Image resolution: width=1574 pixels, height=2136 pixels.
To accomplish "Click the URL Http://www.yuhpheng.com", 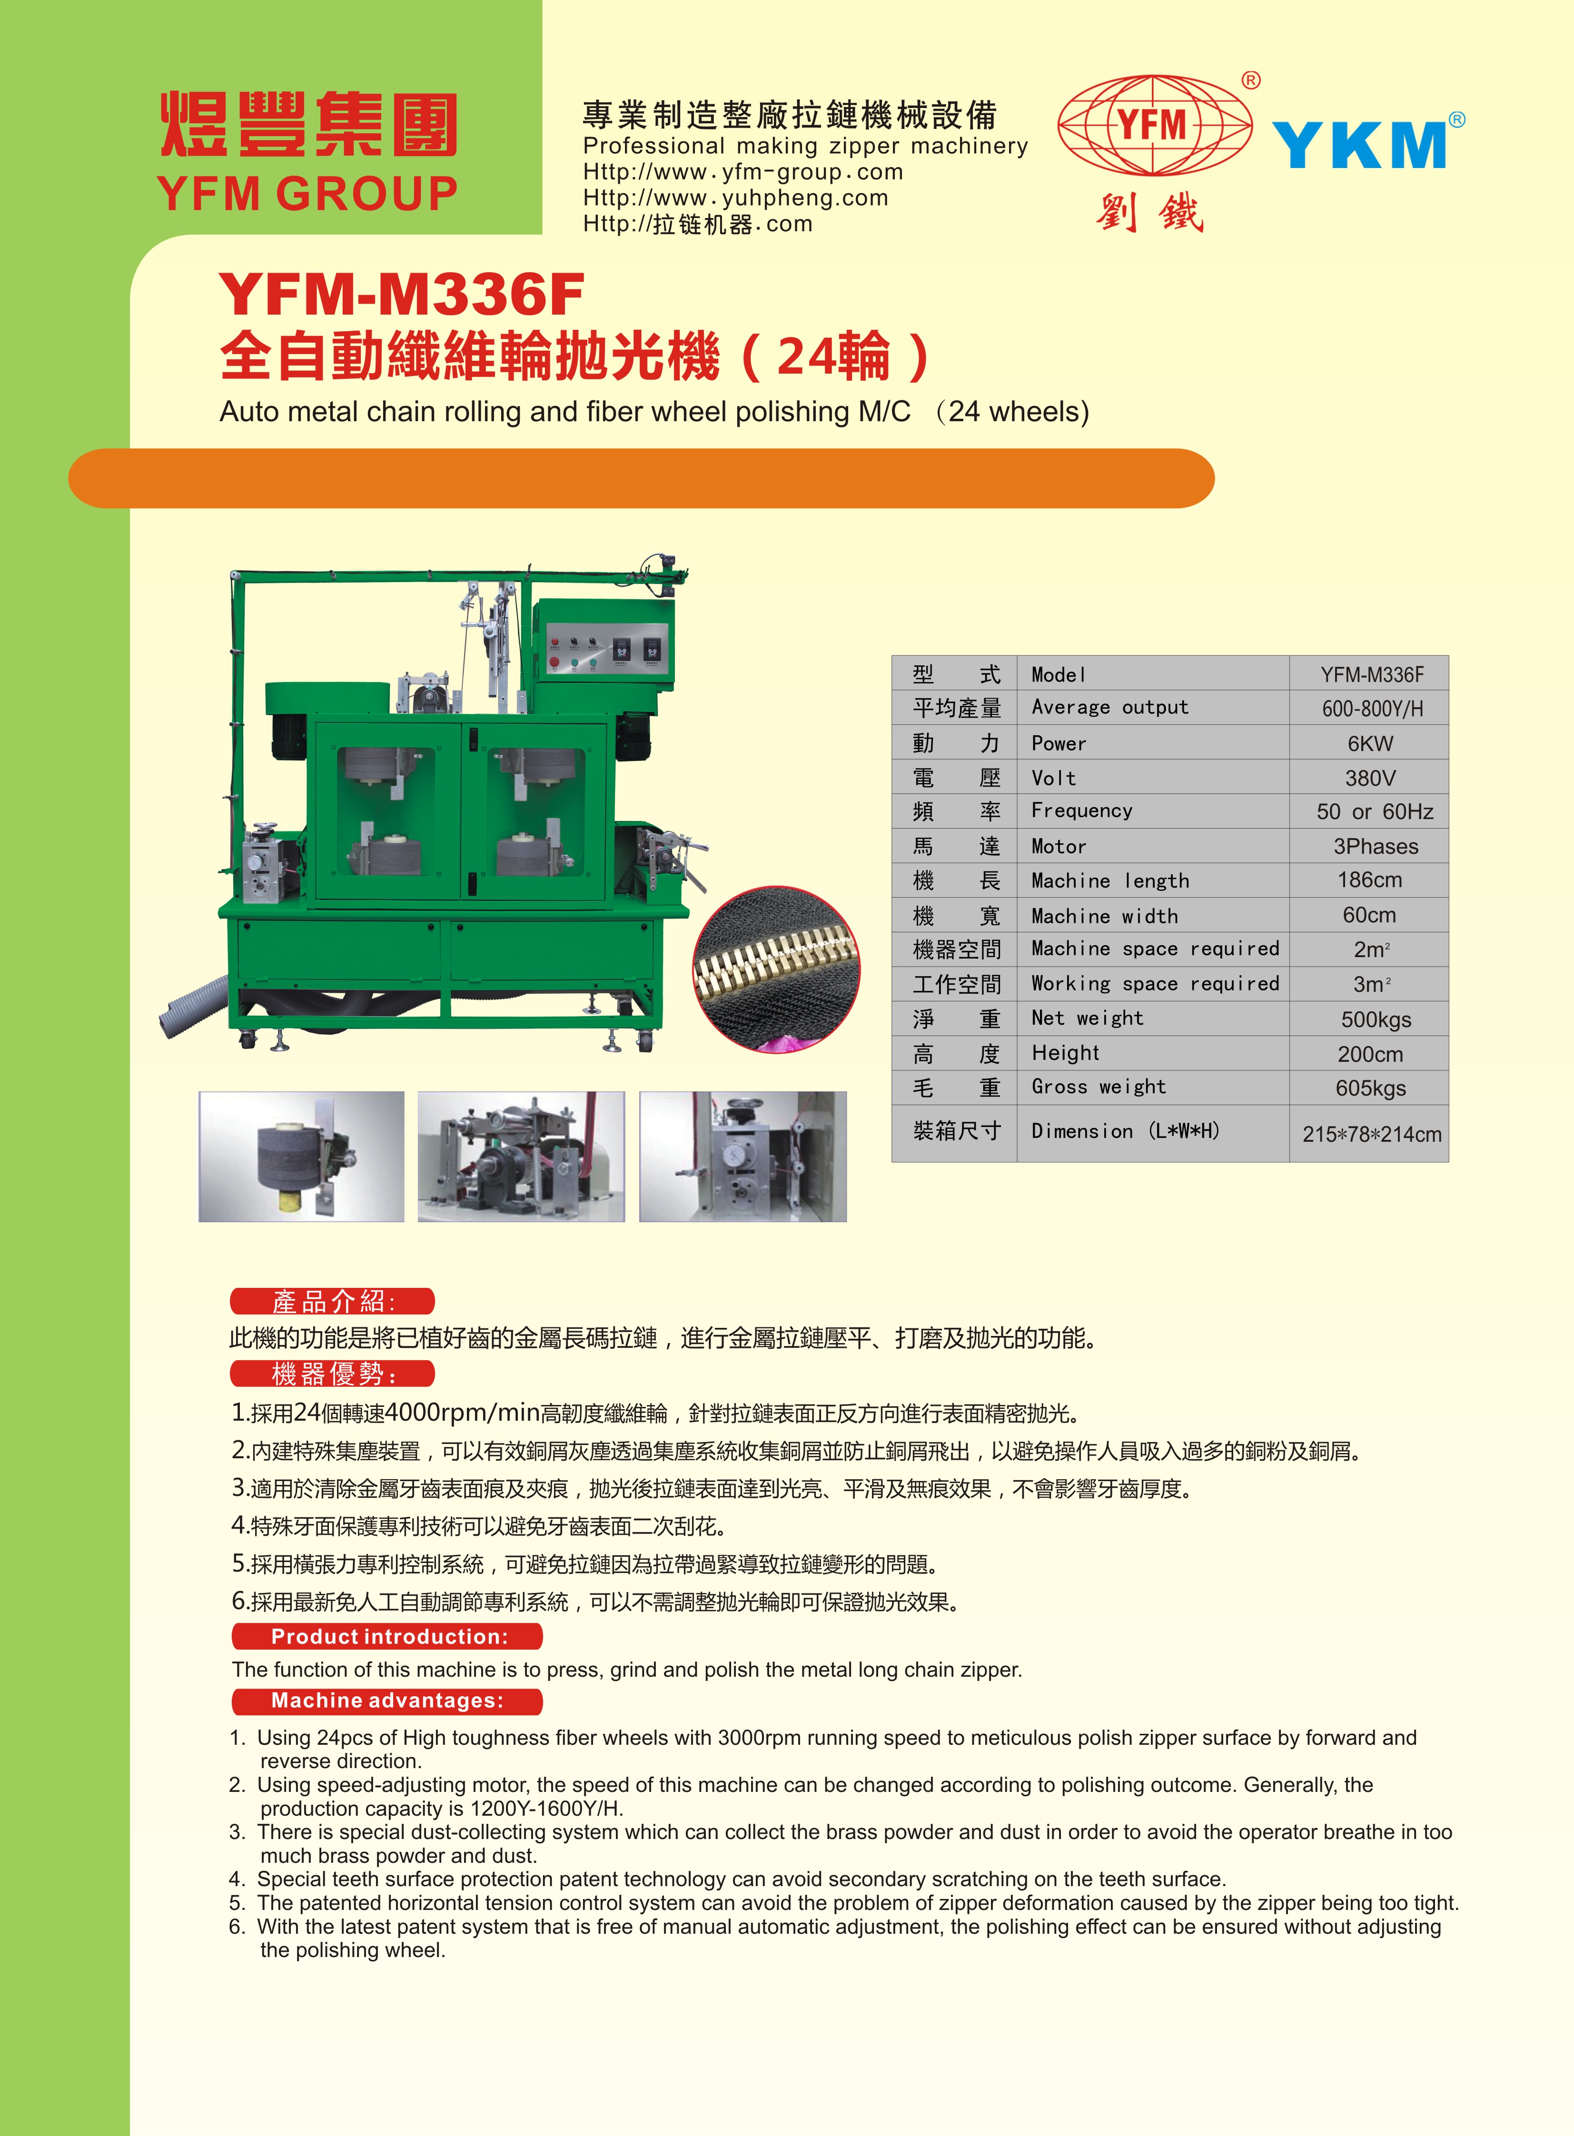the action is (x=735, y=198).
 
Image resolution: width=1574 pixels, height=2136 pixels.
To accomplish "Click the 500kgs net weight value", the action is (x=1376, y=1019).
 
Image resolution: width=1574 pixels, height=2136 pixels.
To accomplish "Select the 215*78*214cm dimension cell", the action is (x=1371, y=1134).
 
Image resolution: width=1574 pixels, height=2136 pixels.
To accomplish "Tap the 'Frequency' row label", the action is (x=1081, y=811).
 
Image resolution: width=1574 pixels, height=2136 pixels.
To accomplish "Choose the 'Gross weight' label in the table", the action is (x=1099, y=1087).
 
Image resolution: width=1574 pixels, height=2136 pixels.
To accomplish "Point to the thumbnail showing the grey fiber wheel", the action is (x=301, y=1157).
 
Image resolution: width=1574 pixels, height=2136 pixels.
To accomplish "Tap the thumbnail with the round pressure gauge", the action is (x=743, y=1157).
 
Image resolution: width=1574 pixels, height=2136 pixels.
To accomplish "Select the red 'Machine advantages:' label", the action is (x=388, y=1701).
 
